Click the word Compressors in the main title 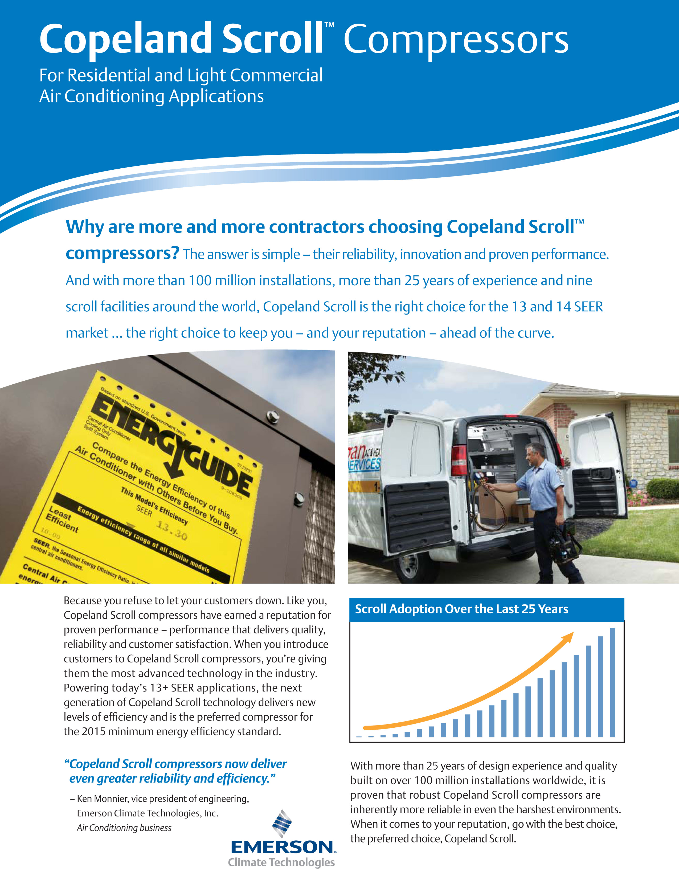coord(456,40)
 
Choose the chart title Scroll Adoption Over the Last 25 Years coord(461,609)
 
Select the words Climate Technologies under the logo coord(281,862)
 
